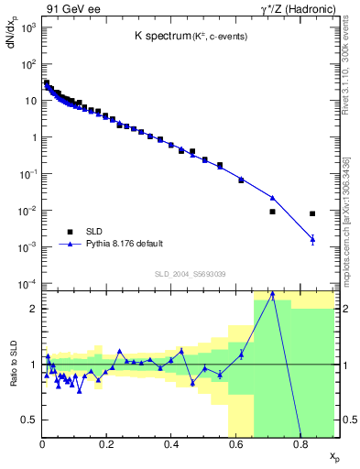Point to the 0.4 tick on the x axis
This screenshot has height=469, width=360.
tap(171, 445)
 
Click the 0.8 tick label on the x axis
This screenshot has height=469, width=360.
tap(300, 445)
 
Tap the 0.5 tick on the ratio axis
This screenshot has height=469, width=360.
tap(31, 420)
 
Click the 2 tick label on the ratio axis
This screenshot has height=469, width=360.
tap(34, 309)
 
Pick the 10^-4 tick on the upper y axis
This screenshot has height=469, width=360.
tap(27, 283)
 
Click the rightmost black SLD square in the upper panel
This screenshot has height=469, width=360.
tap(312, 213)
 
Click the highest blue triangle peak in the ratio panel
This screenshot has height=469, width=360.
tap(272, 294)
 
